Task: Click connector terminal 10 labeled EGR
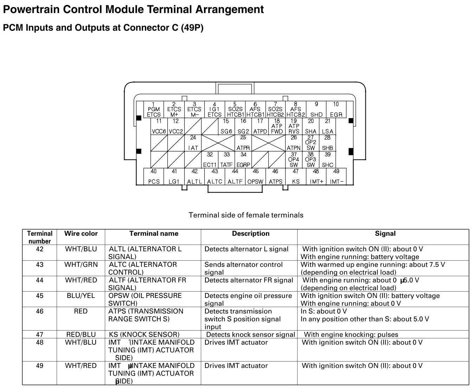336,110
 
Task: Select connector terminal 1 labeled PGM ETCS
154,110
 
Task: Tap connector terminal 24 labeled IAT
193,143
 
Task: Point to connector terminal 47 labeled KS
296,176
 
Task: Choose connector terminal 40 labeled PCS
154,176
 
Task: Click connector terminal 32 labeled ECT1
210,160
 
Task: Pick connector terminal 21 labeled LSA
327,126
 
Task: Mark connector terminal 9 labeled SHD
316,110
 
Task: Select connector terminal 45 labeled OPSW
255,176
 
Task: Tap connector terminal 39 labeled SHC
327,160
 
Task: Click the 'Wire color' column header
81,234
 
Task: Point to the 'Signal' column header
385,234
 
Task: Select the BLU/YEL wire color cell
81,296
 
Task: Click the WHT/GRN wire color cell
81,265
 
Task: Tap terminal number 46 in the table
40,311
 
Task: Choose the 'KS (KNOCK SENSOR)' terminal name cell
144,334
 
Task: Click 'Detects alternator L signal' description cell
246,249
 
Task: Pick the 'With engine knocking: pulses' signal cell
351,334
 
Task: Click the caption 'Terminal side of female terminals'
246,215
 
